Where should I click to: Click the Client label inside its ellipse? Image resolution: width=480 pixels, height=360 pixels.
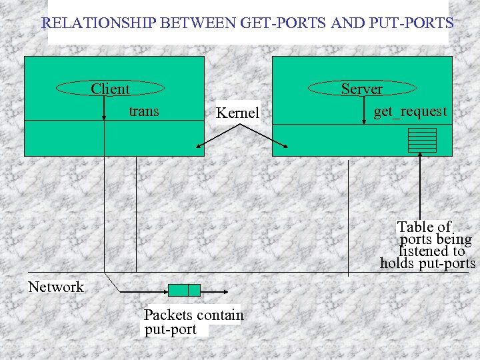tap(110, 89)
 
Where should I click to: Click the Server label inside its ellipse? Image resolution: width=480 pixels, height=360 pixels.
tap(361, 89)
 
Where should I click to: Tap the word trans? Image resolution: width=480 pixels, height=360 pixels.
tap(143, 111)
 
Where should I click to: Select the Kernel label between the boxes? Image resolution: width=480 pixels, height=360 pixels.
tap(237, 113)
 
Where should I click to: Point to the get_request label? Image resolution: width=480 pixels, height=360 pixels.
tap(410, 111)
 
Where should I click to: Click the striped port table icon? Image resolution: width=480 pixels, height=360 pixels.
tap(422, 140)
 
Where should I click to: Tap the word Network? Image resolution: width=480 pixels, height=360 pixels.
tap(56, 287)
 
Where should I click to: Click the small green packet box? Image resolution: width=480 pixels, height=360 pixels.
tap(184, 290)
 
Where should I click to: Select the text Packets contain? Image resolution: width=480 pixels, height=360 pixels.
tap(193, 315)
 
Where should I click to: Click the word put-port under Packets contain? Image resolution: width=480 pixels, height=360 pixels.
tap(171, 329)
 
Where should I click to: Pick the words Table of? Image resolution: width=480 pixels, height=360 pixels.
tap(424, 227)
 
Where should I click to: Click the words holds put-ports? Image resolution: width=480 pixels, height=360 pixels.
tap(427, 263)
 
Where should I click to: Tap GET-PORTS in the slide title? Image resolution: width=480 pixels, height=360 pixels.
tap(283, 23)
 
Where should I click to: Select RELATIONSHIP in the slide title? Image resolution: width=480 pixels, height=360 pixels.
tap(97, 23)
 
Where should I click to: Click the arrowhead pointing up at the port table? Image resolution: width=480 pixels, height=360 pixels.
tap(420, 156)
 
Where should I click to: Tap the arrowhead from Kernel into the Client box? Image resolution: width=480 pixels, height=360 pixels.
tap(198, 147)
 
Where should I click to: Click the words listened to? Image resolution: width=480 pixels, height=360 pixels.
tap(431, 251)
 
